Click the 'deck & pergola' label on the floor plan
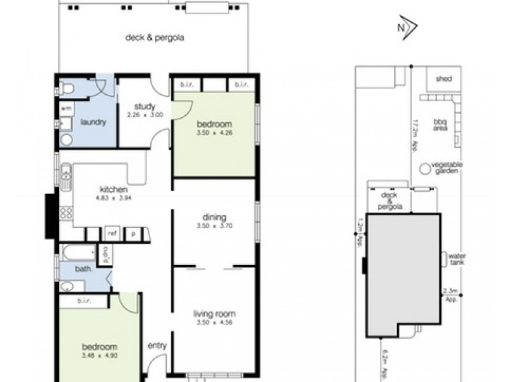coord(154,38)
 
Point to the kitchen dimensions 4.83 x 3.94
coord(114,197)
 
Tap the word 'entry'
coord(157,346)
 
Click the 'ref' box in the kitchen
coord(112,234)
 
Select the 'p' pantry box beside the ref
coord(134,234)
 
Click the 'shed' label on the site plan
coord(443,79)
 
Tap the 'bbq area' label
coord(440,125)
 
